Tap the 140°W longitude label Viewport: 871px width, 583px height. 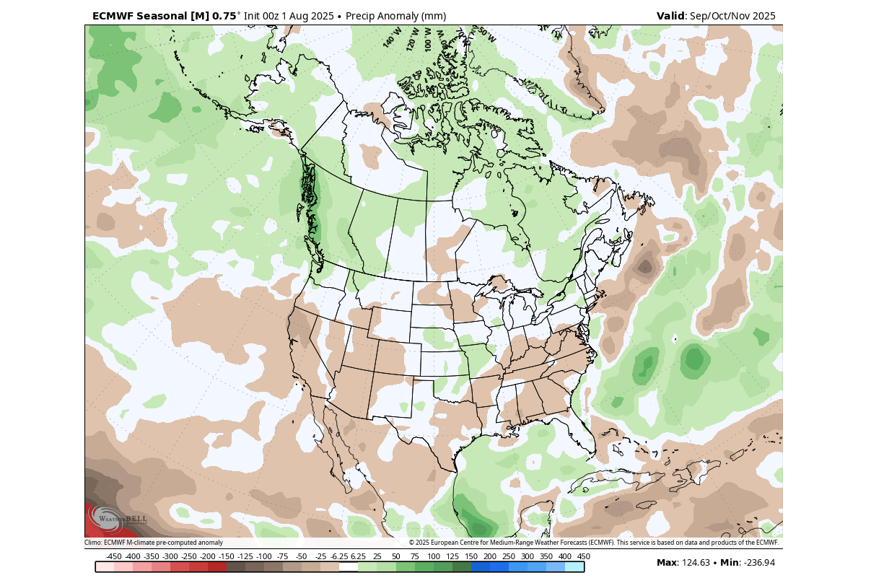click(x=392, y=38)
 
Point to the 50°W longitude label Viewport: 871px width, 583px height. click(x=487, y=35)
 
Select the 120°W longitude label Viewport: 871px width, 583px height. click(x=413, y=39)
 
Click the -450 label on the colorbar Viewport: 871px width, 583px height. click(x=113, y=556)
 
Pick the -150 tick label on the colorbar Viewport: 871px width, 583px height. click(x=226, y=556)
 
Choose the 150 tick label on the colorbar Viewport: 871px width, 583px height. click(x=470, y=556)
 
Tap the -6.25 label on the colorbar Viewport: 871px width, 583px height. click(x=339, y=556)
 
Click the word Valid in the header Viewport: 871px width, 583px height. click(x=671, y=16)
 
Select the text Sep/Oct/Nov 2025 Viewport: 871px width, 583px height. click(x=732, y=16)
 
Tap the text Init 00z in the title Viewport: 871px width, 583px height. click(x=263, y=16)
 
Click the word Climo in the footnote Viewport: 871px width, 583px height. click(x=92, y=543)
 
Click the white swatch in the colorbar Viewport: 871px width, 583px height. click(x=349, y=567)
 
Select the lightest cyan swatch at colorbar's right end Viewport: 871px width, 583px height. click(x=574, y=567)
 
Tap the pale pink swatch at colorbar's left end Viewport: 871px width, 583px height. click(x=105, y=567)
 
